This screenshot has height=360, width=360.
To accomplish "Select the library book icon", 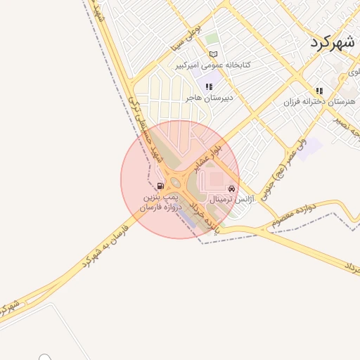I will (213, 54).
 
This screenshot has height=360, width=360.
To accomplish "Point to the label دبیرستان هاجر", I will (208, 98).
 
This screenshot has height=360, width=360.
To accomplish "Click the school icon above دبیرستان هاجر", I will (208, 87).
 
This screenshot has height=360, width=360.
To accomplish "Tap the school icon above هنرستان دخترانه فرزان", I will (319, 91).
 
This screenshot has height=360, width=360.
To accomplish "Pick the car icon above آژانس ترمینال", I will (231, 189).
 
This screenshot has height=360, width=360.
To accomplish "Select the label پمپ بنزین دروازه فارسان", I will (162, 202).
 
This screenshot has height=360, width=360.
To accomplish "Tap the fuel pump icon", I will (161, 186).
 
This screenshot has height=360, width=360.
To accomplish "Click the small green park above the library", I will (211, 39).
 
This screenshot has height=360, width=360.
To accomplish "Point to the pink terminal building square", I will (215, 179).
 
